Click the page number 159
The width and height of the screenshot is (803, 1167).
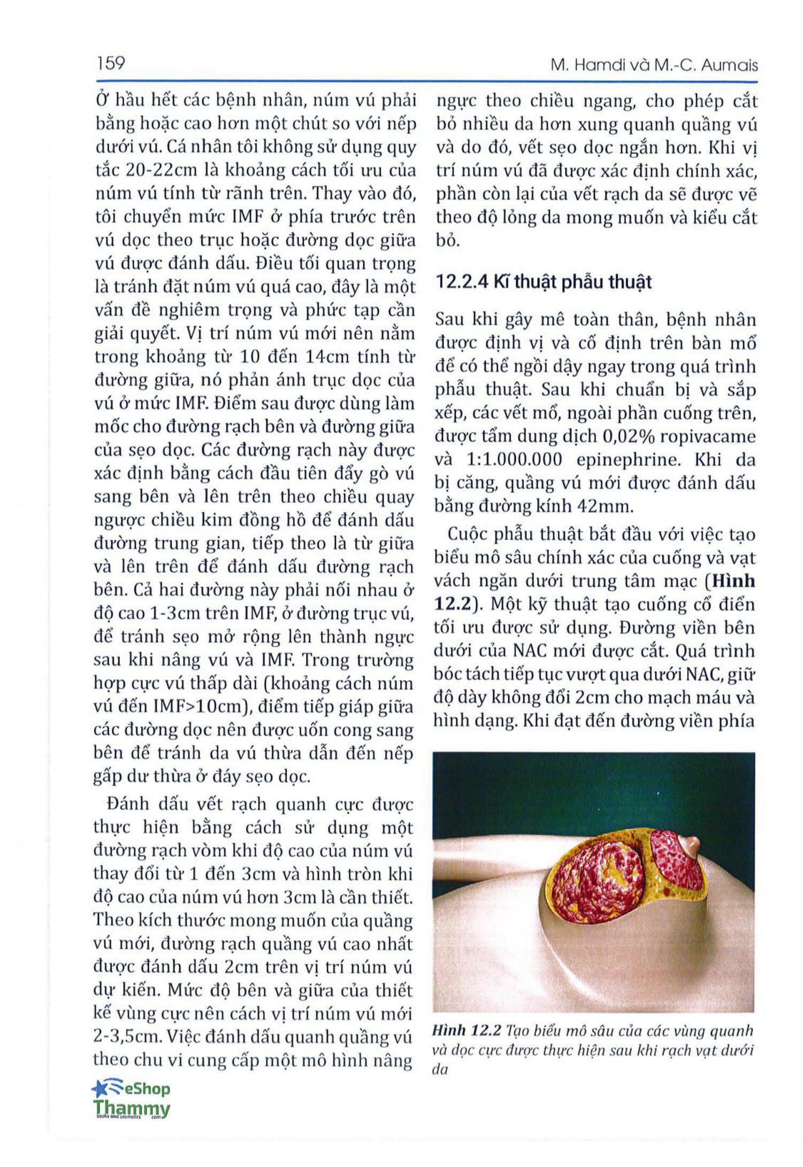pyautogui.click(x=111, y=64)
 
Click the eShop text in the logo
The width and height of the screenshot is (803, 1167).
pyautogui.click(x=147, y=1088)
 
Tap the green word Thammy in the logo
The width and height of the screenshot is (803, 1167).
pyautogui.click(x=132, y=1107)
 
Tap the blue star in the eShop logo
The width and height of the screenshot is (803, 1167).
pyautogui.click(x=100, y=1088)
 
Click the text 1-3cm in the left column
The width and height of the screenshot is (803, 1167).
pyautogui.click(x=172, y=613)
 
